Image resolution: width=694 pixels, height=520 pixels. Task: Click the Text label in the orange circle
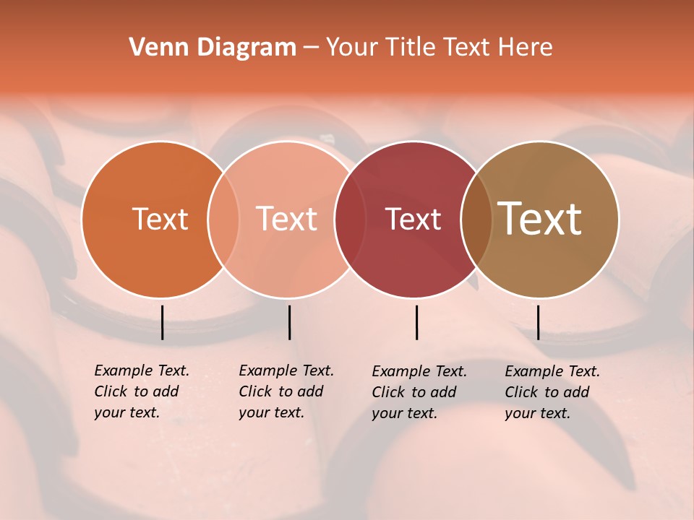[160, 219]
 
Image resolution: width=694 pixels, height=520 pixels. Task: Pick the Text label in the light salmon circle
[286, 219]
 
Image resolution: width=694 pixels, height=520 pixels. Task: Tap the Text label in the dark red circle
[413, 219]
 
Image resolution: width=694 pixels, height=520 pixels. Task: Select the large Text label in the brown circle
[540, 218]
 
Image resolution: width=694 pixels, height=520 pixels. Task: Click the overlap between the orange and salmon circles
[223, 219]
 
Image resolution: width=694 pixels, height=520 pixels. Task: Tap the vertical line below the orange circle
[163, 322]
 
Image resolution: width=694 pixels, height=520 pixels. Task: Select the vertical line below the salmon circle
[289, 322]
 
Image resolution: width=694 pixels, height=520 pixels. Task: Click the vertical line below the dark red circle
[417, 322]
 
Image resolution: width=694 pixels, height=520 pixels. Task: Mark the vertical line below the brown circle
[539, 322]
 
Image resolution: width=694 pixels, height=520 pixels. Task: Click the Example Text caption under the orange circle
[141, 391]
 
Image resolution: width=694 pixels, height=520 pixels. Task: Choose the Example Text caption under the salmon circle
[286, 391]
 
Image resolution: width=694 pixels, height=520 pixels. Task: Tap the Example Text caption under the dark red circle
[419, 392]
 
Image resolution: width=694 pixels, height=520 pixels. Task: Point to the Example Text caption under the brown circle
[552, 392]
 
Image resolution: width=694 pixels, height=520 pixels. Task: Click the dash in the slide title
[311, 48]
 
